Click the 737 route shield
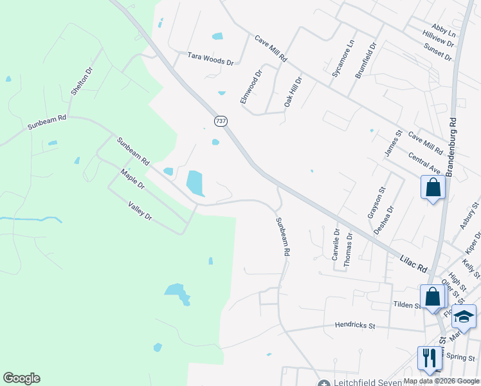(x=220, y=121)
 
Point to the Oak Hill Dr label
(x=293, y=93)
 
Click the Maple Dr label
(x=133, y=179)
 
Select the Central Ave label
(x=424, y=163)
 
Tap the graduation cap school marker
(x=464, y=315)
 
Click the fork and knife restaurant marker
(x=429, y=358)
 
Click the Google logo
(x=21, y=378)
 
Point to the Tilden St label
(x=406, y=304)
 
